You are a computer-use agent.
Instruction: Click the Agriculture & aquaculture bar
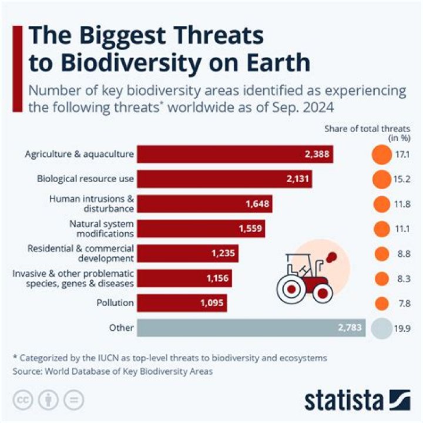point(235,155)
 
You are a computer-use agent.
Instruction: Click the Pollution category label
point(115,303)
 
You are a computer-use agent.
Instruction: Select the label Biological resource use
point(86,179)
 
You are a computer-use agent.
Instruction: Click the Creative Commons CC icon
point(22,399)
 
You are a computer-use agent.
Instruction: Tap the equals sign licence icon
point(73,399)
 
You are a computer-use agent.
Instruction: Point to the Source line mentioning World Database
point(111,371)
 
